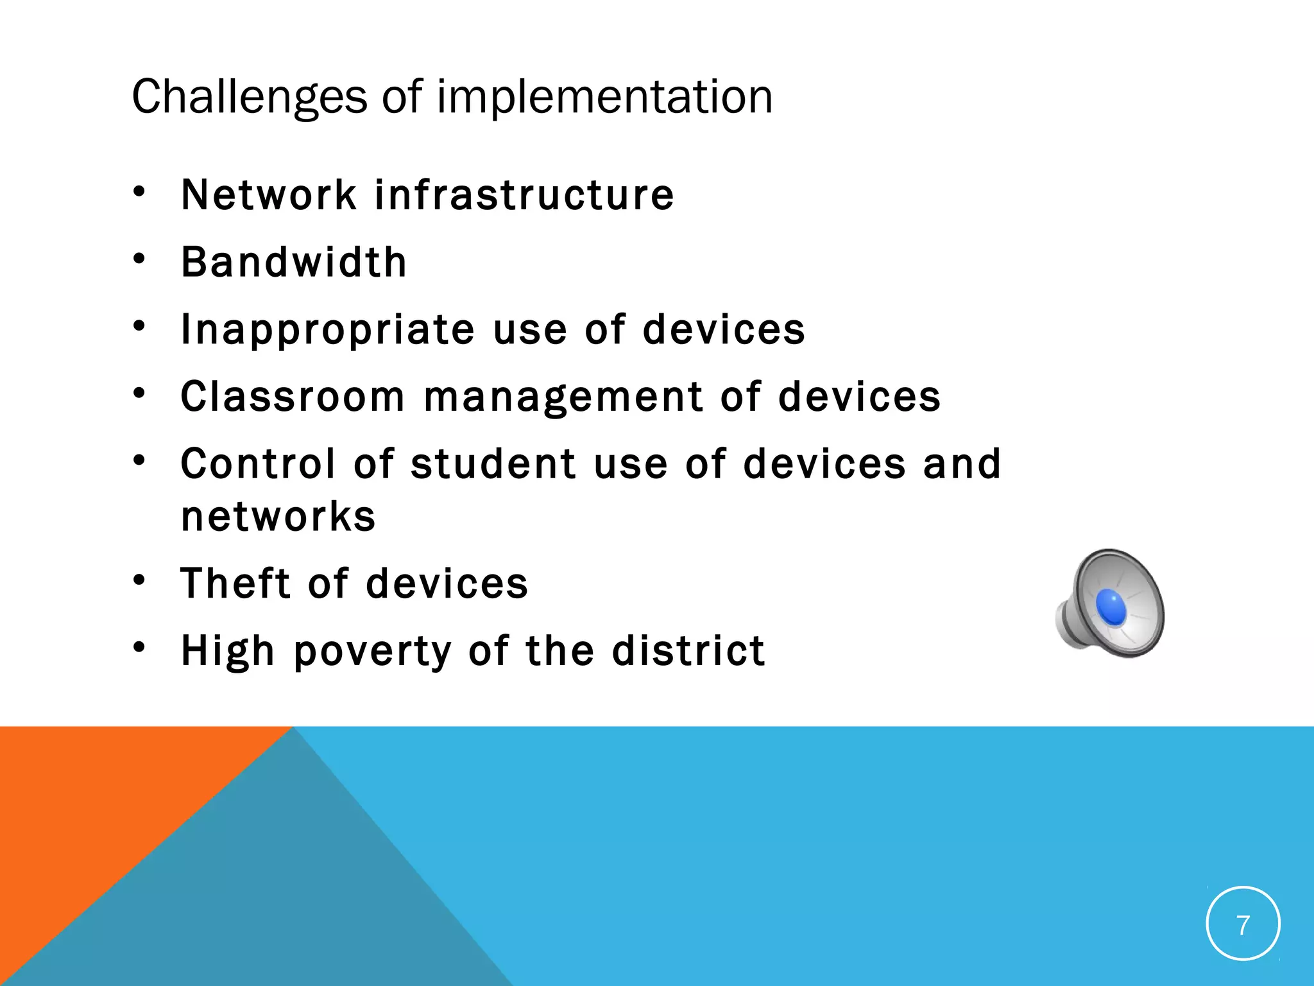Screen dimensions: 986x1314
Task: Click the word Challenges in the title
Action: click(249, 98)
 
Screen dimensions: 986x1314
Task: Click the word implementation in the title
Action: click(604, 98)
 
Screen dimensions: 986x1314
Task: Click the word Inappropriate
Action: click(328, 330)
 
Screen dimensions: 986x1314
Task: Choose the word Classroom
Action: click(293, 397)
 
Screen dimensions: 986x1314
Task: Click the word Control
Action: click(258, 463)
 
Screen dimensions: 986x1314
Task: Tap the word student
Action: click(493, 463)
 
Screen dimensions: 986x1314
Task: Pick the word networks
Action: click(278, 516)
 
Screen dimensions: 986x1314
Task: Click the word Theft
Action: click(235, 584)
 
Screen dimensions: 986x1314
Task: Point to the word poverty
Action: click(373, 652)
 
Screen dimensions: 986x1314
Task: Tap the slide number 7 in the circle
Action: click(1243, 925)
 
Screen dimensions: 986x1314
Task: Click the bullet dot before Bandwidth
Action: click(139, 259)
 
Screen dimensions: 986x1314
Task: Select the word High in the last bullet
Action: click(228, 651)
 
